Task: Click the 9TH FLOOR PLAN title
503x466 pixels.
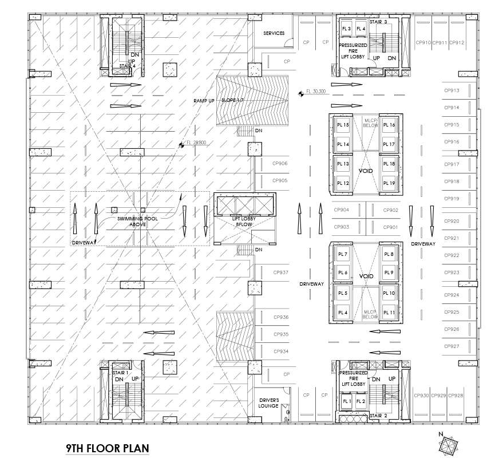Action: point(108,448)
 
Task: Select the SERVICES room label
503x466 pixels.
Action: point(274,33)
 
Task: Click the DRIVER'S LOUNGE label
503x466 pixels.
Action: point(269,402)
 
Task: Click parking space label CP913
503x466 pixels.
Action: point(451,90)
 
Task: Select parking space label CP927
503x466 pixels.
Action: point(451,346)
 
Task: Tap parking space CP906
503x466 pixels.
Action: point(280,164)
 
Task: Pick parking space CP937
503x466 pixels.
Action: point(280,273)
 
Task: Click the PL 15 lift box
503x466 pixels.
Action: point(343,125)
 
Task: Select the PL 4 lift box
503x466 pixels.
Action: point(343,313)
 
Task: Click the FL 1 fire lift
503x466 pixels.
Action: point(346,401)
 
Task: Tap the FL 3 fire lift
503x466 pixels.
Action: point(346,29)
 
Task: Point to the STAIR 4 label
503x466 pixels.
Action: point(127,66)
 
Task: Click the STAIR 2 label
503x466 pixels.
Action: point(378,416)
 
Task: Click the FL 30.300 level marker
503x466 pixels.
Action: point(315,92)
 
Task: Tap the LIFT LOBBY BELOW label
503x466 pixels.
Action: point(244,222)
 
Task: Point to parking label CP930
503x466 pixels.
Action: point(421,396)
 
